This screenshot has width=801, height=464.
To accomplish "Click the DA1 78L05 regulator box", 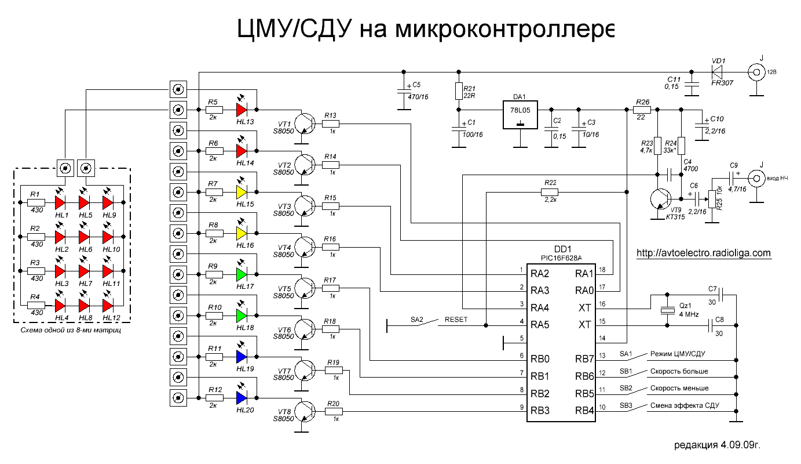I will (x=521, y=116).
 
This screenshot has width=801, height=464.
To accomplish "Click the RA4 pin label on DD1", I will (x=541, y=307).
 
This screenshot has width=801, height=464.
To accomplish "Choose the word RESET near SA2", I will (x=456, y=319).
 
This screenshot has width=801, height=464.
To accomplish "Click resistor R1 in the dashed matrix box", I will (x=36, y=202).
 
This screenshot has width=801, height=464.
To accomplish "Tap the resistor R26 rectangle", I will (x=642, y=109).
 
